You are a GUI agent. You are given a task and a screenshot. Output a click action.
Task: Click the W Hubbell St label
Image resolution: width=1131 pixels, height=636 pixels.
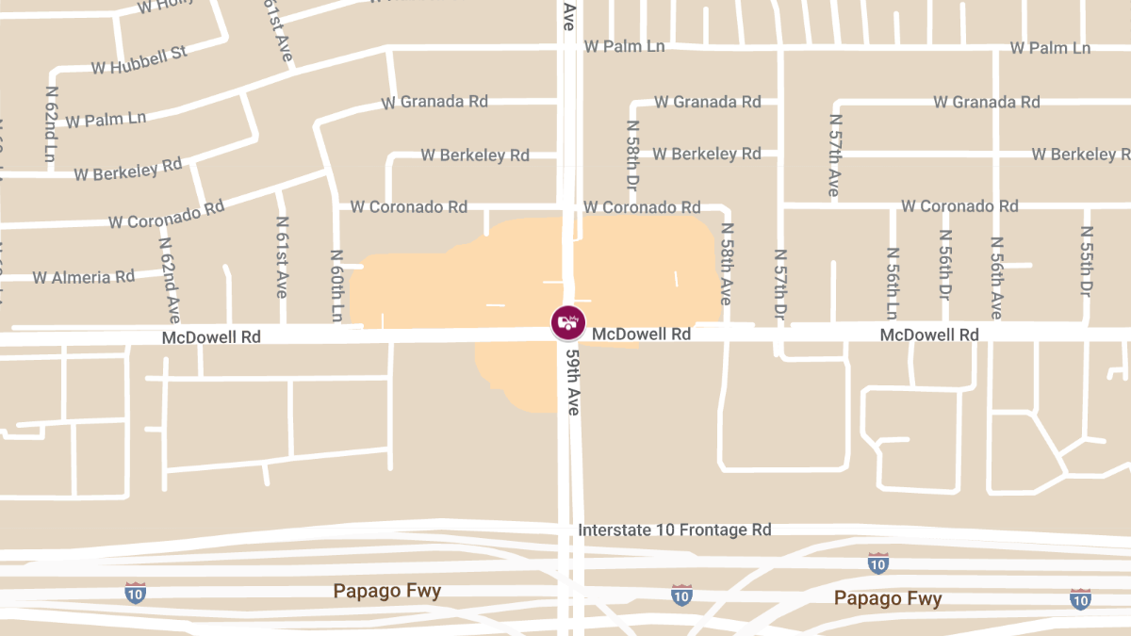click(x=139, y=60)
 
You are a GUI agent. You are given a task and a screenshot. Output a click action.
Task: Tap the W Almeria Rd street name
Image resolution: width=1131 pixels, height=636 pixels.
click(x=84, y=277)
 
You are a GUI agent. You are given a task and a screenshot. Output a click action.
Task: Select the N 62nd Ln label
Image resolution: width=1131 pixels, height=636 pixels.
click(x=52, y=123)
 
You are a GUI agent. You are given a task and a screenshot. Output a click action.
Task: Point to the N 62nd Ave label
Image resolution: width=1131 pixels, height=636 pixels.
click(x=169, y=273)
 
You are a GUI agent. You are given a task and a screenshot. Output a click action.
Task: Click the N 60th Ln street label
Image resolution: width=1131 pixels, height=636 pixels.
click(x=336, y=285)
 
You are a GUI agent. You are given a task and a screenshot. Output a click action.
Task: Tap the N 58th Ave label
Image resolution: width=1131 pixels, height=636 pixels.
click(x=726, y=263)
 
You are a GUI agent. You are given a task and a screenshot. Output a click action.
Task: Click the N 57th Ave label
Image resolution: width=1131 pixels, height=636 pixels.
click(x=834, y=155)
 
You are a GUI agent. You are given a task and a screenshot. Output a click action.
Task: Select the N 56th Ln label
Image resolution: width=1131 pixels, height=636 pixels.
click(x=893, y=284)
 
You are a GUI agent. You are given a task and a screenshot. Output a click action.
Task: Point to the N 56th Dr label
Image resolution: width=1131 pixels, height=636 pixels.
click(x=944, y=264)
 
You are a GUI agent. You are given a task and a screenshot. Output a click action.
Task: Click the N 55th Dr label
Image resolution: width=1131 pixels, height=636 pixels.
click(x=1086, y=261)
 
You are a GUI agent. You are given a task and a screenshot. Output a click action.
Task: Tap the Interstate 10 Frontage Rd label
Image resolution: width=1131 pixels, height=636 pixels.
click(x=675, y=530)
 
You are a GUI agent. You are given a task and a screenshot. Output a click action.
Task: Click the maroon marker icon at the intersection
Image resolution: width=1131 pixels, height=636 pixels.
click(x=567, y=322)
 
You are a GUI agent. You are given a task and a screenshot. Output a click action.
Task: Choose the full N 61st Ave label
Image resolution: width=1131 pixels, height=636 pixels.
click(x=281, y=257)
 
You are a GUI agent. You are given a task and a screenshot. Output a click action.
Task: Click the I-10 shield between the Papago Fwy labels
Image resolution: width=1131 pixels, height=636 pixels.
click(x=681, y=595)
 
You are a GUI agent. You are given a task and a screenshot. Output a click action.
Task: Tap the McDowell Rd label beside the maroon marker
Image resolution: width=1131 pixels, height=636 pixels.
click(x=641, y=334)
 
